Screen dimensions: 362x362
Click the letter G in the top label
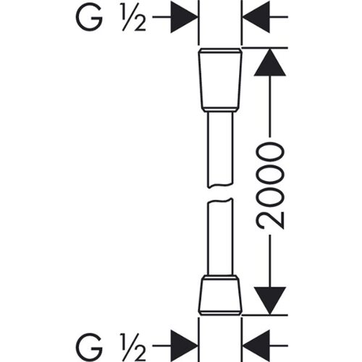tap(89, 17)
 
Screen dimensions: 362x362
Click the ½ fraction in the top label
tap(134, 18)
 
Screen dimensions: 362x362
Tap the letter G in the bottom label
tap(89, 346)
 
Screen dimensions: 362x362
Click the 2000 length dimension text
tap(270, 185)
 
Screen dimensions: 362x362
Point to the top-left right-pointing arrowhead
tap(184, 17)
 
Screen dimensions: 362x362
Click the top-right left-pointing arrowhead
tap(256, 17)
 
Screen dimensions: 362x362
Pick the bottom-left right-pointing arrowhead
tap(184, 345)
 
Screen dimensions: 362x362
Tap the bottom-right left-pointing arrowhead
tap(256, 345)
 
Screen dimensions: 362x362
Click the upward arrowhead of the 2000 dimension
tap(270, 62)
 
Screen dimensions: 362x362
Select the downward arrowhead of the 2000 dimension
tap(270, 300)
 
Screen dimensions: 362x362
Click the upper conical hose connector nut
tap(220, 80)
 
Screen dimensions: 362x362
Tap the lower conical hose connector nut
tap(220, 295)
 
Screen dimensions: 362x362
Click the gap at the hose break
tap(220, 193)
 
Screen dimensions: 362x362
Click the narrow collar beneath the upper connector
tap(220, 109)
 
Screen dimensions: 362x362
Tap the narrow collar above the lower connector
tap(220, 277)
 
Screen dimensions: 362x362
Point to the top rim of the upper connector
tap(220, 51)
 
